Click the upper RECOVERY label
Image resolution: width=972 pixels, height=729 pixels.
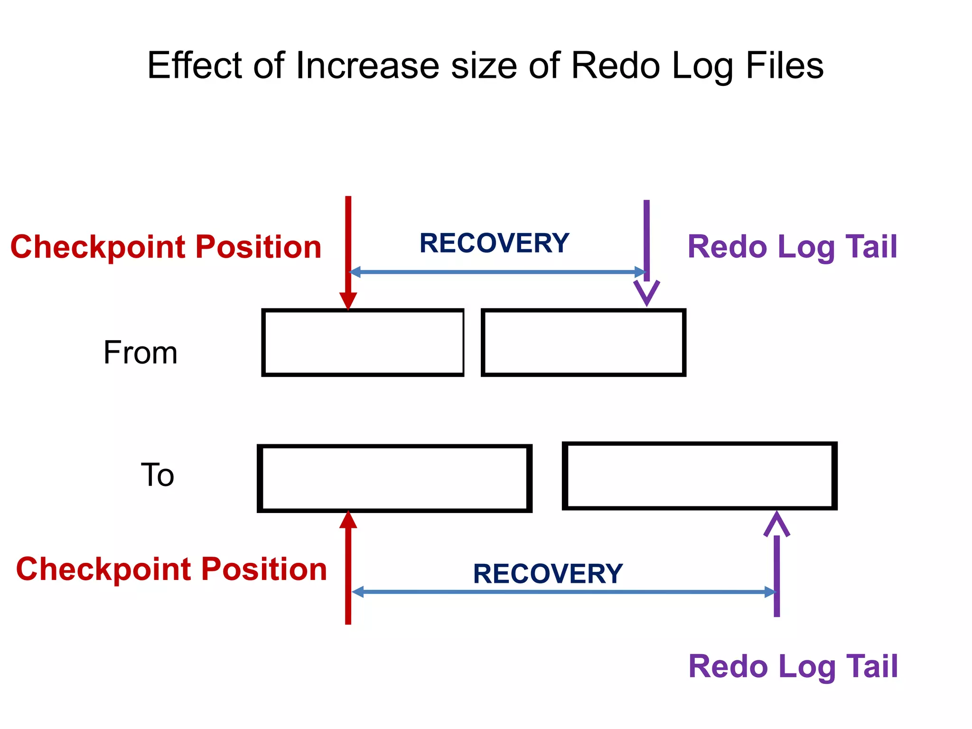click(494, 243)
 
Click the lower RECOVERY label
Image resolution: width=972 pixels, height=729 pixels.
click(548, 574)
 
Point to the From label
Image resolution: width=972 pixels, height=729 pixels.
click(140, 353)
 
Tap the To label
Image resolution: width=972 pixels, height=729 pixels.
click(158, 475)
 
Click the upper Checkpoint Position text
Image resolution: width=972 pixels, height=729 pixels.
click(166, 247)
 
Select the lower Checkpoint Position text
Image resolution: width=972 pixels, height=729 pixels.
click(171, 569)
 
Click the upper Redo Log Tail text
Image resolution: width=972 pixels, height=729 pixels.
click(792, 247)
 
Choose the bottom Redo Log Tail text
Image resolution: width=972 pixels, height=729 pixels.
click(793, 667)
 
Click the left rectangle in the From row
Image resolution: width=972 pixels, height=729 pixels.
click(363, 343)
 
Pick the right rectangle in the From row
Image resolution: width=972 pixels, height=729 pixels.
click(583, 343)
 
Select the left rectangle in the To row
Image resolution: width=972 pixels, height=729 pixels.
click(394, 478)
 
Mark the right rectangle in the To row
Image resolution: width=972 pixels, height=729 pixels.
click(700, 476)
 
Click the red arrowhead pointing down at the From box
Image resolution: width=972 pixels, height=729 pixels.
click(348, 301)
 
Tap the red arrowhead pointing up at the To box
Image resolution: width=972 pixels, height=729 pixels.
click(348, 520)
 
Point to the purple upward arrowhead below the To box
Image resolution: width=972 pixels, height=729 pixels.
click(776, 524)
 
